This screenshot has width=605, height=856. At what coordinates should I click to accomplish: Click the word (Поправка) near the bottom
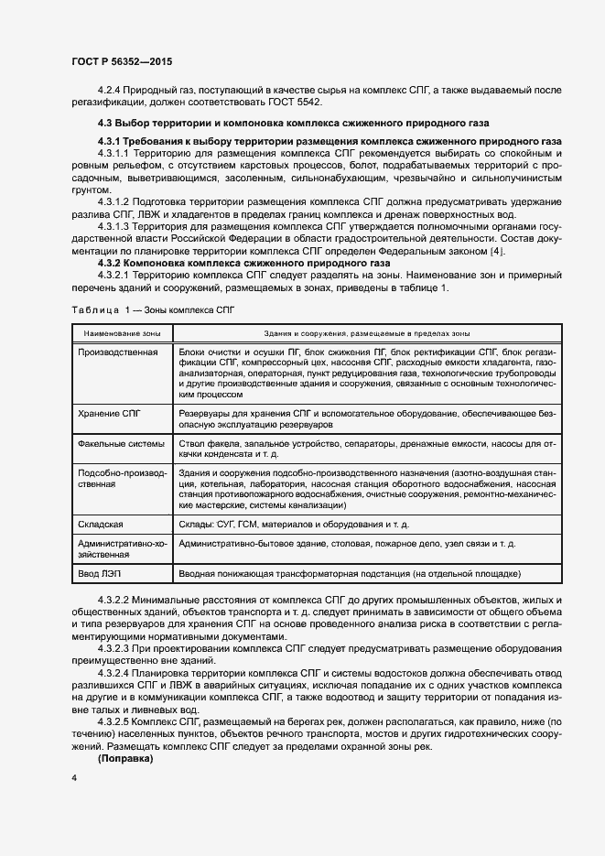(x=126, y=760)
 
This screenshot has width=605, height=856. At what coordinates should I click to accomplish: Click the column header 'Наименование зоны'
(x=122, y=333)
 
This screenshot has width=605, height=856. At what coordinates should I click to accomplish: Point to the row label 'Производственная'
(x=118, y=352)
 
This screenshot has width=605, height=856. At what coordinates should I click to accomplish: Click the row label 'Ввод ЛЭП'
(x=99, y=573)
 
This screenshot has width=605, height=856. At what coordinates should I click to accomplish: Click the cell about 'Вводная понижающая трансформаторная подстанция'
(x=351, y=573)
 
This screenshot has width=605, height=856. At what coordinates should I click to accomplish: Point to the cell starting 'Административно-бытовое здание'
(x=348, y=543)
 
